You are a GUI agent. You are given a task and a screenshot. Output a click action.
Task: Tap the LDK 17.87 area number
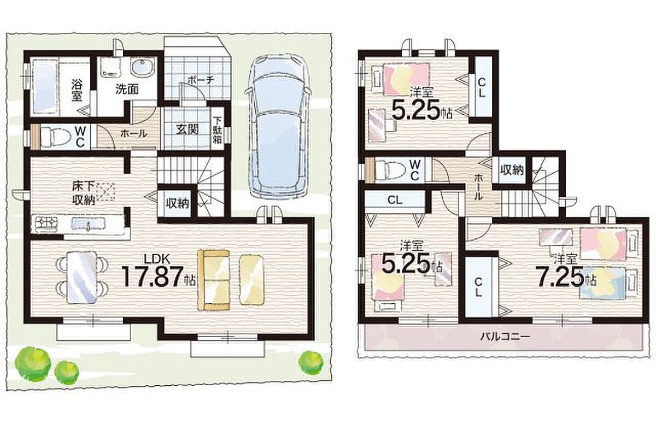point(156,276)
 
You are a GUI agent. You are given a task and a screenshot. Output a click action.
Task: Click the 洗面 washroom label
point(127,90)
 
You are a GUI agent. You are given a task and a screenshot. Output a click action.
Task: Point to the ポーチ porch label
point(201,80)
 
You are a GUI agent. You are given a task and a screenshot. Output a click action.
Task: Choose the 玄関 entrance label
point(188,129)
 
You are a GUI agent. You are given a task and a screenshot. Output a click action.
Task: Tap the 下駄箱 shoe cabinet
point(217,130)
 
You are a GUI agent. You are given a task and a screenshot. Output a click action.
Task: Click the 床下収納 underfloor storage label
point(84,193)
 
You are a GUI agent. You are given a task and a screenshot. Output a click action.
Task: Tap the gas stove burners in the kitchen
point(45,225)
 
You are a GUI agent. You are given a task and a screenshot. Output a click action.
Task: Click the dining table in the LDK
point(81,277)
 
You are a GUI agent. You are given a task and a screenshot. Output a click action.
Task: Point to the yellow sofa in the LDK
point(214,280)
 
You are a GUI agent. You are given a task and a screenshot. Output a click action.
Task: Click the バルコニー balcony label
point(505,337)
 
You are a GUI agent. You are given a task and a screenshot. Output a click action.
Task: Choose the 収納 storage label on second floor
point(512,170)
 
